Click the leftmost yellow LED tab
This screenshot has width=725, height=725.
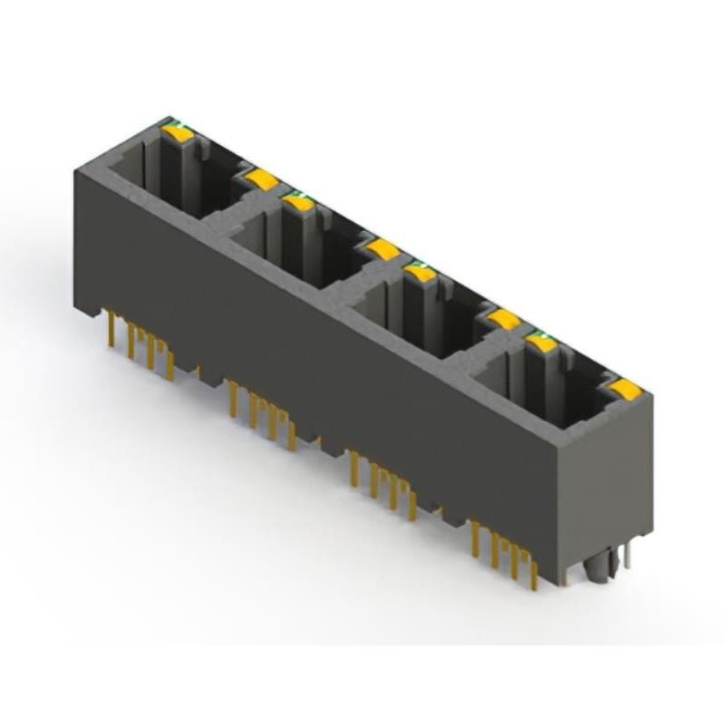178,133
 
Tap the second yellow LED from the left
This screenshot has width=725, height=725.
261,179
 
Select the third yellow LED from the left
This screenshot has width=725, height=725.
297,203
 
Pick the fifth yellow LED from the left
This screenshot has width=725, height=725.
419,271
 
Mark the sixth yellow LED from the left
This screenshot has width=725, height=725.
503,318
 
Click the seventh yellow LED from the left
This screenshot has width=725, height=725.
541,343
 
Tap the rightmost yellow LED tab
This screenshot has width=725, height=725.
624,389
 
